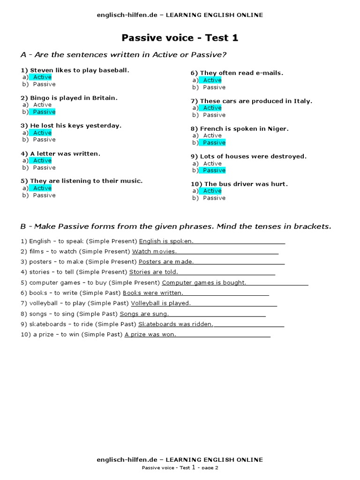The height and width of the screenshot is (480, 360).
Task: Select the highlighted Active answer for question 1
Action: [x=42, y=77]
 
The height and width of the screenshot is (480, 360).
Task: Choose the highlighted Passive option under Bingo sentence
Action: [x=44, y=112]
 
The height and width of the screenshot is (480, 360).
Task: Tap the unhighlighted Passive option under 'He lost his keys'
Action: [x=44, y=140]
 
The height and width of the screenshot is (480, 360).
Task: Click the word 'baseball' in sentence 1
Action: [x=112, y=70]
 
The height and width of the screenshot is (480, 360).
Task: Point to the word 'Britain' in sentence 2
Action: [x=105, y=98]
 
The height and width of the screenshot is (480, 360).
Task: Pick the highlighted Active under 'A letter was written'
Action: [x=42, y=161]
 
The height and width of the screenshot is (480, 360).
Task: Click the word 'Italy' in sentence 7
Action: [x=302, y=101]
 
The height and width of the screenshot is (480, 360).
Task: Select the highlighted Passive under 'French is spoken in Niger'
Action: [x=214, y=142]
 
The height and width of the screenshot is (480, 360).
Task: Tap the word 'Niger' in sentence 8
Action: [x=279, y=129]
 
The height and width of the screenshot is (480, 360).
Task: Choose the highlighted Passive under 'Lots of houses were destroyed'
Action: [x=214, y=170]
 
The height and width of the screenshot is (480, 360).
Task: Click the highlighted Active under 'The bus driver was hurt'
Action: [x=212, y=191]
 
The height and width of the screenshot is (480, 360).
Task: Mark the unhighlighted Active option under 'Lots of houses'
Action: [x=212, y=164]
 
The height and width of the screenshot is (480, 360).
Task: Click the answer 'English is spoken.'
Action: [x=166, y=241]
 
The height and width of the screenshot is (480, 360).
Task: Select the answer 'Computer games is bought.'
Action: [x=204, y=283]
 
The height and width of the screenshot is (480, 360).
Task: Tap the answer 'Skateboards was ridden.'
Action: [x=176, y=324]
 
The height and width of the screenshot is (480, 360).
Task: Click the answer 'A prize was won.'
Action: [x=150, y=335]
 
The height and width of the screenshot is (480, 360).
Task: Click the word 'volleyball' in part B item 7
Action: [x=43, y=303]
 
